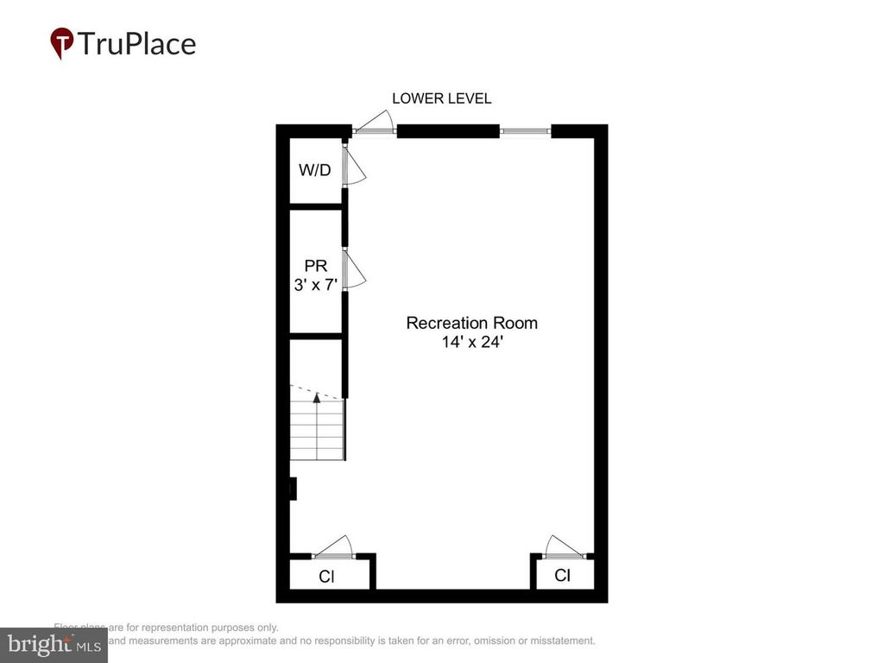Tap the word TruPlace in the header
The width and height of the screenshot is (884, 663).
tap(136, 43)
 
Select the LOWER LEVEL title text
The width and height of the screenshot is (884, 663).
tap(441, 98)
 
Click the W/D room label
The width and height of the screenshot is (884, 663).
tap(314, 170)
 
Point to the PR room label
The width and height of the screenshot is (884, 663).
tap(315, 265)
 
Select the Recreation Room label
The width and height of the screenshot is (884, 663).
tap(471, 323)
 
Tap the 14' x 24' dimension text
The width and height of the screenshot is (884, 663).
tap(471, 341)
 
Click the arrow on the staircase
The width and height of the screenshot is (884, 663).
tap(317, 398)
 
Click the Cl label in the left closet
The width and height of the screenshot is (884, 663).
tap(326, 577)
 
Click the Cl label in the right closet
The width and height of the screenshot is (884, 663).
tap(562, 575)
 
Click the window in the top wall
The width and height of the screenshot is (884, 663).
tap(525, 131)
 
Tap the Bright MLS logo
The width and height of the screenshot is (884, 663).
tap(54, 644)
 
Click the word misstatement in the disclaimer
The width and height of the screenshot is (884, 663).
tap(554, 641)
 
